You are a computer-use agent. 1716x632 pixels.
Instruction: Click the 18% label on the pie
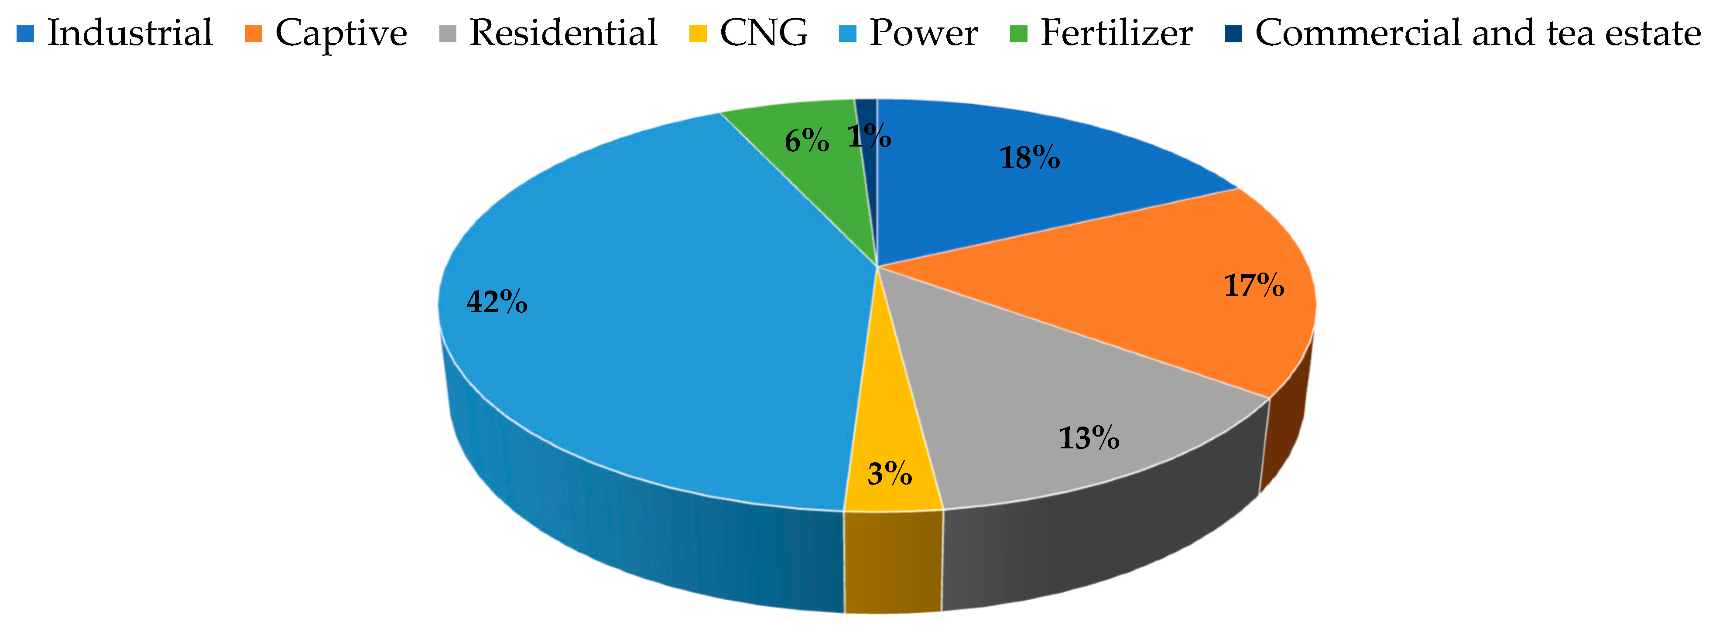pyautogui.click(x=1030, y=158)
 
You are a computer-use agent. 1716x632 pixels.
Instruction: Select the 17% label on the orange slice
pyautogui.click(x=1254, y=286)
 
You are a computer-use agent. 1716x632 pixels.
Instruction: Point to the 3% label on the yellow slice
pyautogui.click(x=889, y=474)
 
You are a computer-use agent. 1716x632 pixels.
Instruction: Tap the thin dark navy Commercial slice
pyautogui.click(x=867, y=113)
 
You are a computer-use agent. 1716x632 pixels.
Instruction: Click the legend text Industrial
pyautogui.click(x=130, y=33)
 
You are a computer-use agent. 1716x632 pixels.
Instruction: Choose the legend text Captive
pyautogui.click(x=341, y=33)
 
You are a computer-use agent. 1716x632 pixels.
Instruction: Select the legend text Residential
pyautogui.click(x=563, y=33)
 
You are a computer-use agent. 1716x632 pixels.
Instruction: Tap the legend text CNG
pyautogui.click(x=764, y=33)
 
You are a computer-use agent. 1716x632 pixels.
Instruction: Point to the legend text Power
pyautogui.click(x=923, y=33)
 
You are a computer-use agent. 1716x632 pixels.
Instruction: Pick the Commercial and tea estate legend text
pyautogui.click(x=1477, y=33)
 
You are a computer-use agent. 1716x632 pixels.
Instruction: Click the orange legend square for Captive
pyautogui.click(x=253, y=33)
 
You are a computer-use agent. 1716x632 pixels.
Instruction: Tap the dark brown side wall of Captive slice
pyautogui.click(x=1286, y=433)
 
